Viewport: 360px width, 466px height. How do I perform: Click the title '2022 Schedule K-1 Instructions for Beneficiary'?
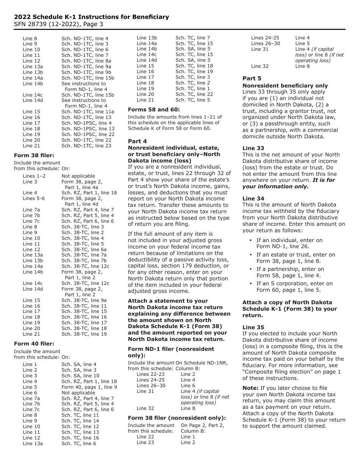(91, 17)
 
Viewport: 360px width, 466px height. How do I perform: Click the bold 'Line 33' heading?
(253, 148)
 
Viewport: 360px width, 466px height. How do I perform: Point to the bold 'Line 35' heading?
(253, 327)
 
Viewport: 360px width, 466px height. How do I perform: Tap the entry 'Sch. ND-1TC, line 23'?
(86, 146)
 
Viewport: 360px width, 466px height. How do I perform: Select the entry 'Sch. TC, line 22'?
(194, 94)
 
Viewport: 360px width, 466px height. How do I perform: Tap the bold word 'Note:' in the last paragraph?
(250, 388)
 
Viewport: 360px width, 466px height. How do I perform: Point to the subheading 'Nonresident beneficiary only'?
(285, 86)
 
